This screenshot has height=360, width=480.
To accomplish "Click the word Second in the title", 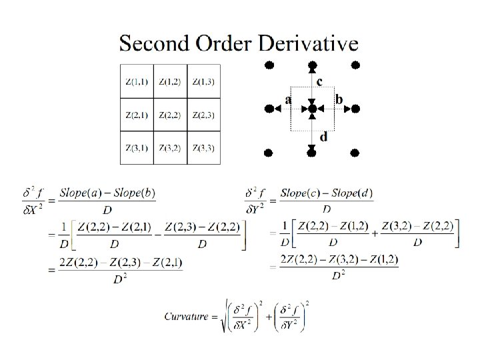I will (154, 43).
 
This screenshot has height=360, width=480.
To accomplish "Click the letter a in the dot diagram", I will (288, 99).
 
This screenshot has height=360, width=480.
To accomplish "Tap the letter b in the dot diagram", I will (339, 99).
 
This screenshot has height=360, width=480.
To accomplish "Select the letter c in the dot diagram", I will (320, 82).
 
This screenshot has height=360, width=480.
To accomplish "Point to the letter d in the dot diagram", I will (323, 137).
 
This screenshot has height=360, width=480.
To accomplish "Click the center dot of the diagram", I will (312, 109).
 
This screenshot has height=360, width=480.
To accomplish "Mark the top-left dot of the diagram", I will (269, 65).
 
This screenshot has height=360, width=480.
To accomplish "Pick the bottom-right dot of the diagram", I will (355, 153).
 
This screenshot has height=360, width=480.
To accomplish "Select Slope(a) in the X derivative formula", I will (78, 193).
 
